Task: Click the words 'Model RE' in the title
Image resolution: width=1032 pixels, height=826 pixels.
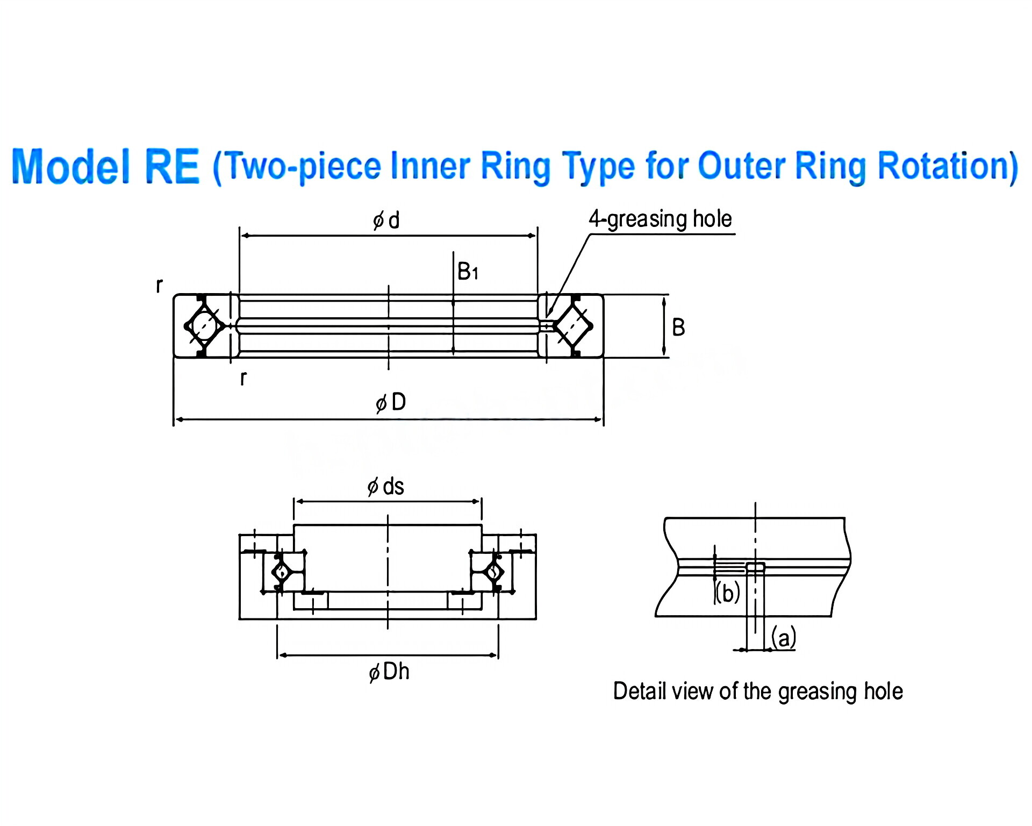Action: (105, 166)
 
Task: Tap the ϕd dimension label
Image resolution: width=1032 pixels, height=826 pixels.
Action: (386, 220)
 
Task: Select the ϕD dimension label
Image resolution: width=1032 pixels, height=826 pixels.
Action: (391, 402)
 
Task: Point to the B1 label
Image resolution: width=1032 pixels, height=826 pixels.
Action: (467, 272)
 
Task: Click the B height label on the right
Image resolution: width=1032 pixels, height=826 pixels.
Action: (678, 327)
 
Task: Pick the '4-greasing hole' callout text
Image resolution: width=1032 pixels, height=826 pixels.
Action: (660, 219)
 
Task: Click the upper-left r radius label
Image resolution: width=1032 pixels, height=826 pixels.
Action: (159, 285)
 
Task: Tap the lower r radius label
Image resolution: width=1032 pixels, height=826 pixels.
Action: (243, 378)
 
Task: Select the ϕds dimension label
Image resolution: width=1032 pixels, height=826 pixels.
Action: (385, 487)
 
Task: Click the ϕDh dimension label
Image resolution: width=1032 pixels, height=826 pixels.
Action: (389, 672)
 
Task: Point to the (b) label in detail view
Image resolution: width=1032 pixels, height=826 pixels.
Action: (728, 593)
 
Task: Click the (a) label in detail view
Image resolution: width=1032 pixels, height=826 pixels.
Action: (783, 638)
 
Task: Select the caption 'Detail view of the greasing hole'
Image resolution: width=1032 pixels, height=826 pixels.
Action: (757, 691)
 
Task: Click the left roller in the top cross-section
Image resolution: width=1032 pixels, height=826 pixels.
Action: (204, 325)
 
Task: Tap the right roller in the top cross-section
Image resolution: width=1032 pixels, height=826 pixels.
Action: (573, 325)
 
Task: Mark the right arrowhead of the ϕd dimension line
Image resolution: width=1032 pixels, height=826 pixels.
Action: (533, 236)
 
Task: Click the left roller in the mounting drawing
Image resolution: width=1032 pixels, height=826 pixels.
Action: (281, 572)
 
